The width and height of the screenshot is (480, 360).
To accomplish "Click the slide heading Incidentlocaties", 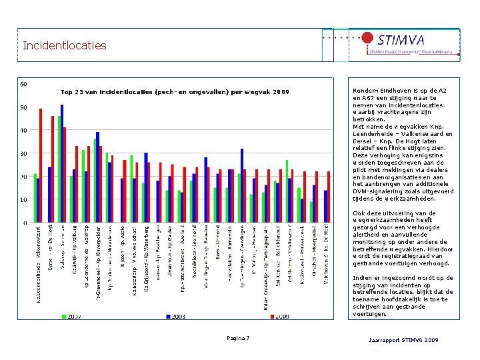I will pyautogui.click(x=64, y=46).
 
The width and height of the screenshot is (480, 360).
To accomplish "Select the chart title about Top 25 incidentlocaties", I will pyautogui.click(x=175, y=91).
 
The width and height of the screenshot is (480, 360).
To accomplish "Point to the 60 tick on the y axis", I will pyautogui.click(x=23, y=84).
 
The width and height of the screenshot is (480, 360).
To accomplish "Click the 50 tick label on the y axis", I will pyautogui.click(x=23, y=107).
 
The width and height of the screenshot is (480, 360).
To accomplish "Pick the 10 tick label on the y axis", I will pyautogui.click(x=23, y=199).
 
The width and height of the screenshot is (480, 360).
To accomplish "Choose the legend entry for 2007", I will pyautogui.click(x=71, y=317).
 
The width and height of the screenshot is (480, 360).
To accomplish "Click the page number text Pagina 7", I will pyautogui.click(x=238, y=339).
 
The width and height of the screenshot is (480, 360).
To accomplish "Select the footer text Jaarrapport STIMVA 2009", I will pyautogui.click(x=403, y=341).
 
